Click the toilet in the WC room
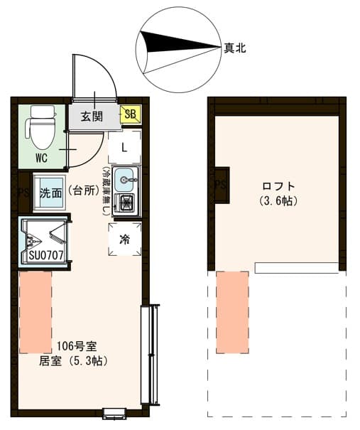coord(40,127)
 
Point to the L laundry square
coord(124,148)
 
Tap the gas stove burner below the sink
coord(126,203)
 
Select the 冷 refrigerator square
coord(125,240)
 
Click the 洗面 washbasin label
coord(50,193)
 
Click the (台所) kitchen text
coord(85,193)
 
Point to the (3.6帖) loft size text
coord(278,200)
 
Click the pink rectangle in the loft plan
coord(232,311)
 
